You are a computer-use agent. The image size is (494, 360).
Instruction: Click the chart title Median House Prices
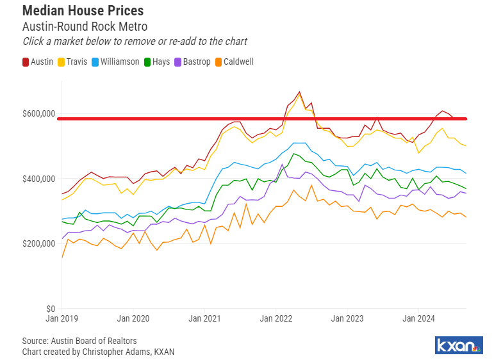click(x=83, y=11)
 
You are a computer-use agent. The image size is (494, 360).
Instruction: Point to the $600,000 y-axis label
click(x=38, y=113)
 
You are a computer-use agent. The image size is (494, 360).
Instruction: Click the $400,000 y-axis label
click(x=38, y=179)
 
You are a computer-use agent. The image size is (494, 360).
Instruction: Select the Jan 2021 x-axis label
click(x=205, y=318)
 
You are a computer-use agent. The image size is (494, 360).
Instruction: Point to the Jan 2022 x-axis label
click(x=276, y=318)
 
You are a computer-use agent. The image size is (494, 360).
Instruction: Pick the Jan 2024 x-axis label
click(x=419, y=318)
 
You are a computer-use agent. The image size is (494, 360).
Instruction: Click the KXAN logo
click(x=459, y=346)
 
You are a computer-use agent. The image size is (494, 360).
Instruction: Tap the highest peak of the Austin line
click(x=299, y=92)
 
